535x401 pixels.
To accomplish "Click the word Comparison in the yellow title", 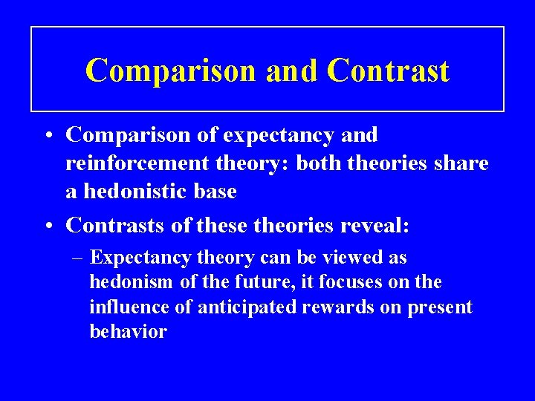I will coord(170,71).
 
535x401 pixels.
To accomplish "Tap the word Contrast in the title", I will coord(387,71).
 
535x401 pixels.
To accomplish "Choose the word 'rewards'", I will coord(324,307).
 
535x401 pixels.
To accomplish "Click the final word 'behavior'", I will coord(128,332).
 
